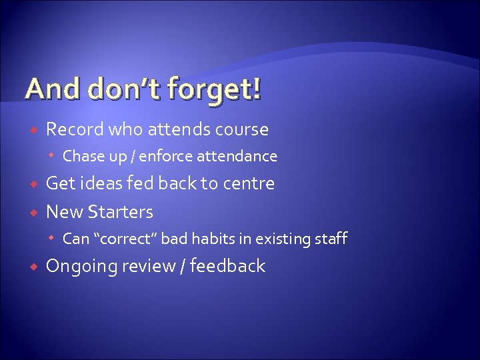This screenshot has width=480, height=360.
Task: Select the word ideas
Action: (x=99, y=183)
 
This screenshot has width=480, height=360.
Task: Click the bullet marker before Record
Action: (x=34, y=129)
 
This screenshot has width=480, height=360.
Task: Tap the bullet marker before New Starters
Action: (x=34, y=213)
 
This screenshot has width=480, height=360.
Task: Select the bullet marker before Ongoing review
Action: (x=34, y=267)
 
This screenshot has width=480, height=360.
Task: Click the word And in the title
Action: (x=46, y=89)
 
